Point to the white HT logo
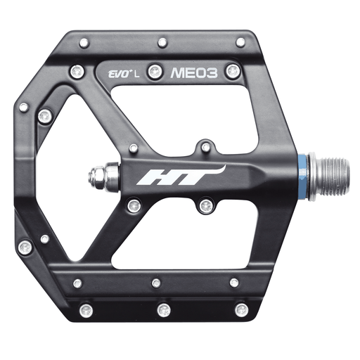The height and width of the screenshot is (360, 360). coord(181,176)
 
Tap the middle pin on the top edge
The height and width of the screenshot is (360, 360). coord(162,42)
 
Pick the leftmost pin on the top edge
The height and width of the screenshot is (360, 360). coord(84,43)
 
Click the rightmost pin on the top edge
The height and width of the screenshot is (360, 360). coord(240,42)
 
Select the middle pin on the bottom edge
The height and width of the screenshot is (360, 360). coord(163,309)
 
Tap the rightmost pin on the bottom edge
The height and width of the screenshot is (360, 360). coord(242,309)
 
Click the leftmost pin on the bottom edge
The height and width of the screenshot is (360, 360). coord(86,309)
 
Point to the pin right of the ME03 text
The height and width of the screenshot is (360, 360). coord(233,70)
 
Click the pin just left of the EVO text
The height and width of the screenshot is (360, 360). coord(78,71)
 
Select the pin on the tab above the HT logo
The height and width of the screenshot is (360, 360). coord(206,146)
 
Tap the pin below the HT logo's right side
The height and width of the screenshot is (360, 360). coord(206,205)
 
